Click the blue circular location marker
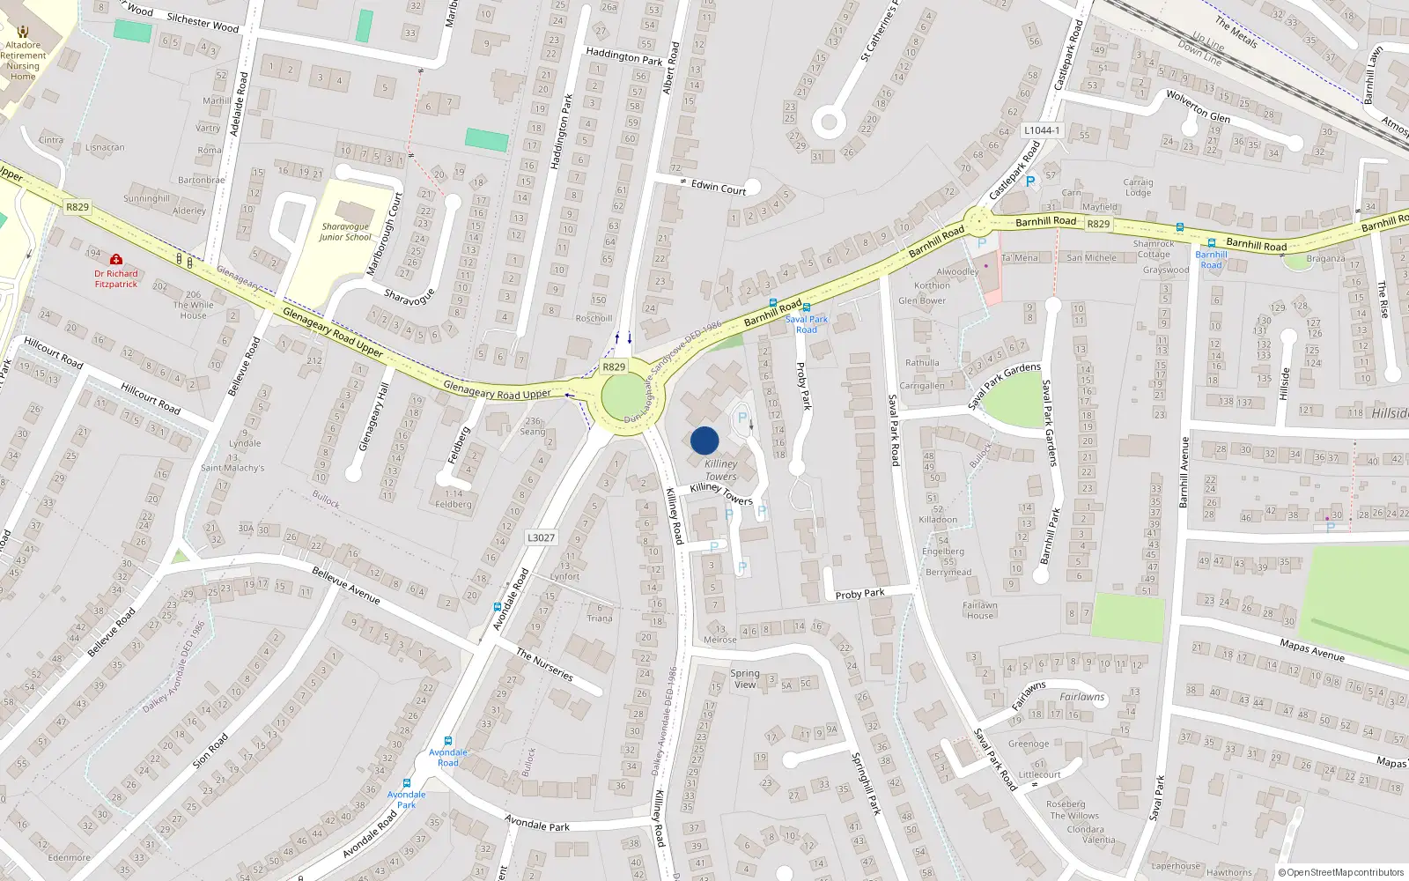[704, 440]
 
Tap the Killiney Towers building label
[721, 470]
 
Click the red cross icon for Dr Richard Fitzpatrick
[115, 259]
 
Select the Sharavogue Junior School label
[345, 232]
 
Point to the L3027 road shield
[541, 537]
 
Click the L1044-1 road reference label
[1042, 130]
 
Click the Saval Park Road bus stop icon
[807, 307]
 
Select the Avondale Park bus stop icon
[407, 782]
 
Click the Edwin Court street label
[718, 187]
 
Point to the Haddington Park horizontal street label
[623, 56]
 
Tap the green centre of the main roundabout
[623, 396]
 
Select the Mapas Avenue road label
[1312, 650]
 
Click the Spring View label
[745, 678]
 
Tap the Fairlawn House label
[979, 611]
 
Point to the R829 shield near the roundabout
[614, 366]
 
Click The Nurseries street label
[544, 664]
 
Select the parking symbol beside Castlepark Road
[1029, 181]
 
